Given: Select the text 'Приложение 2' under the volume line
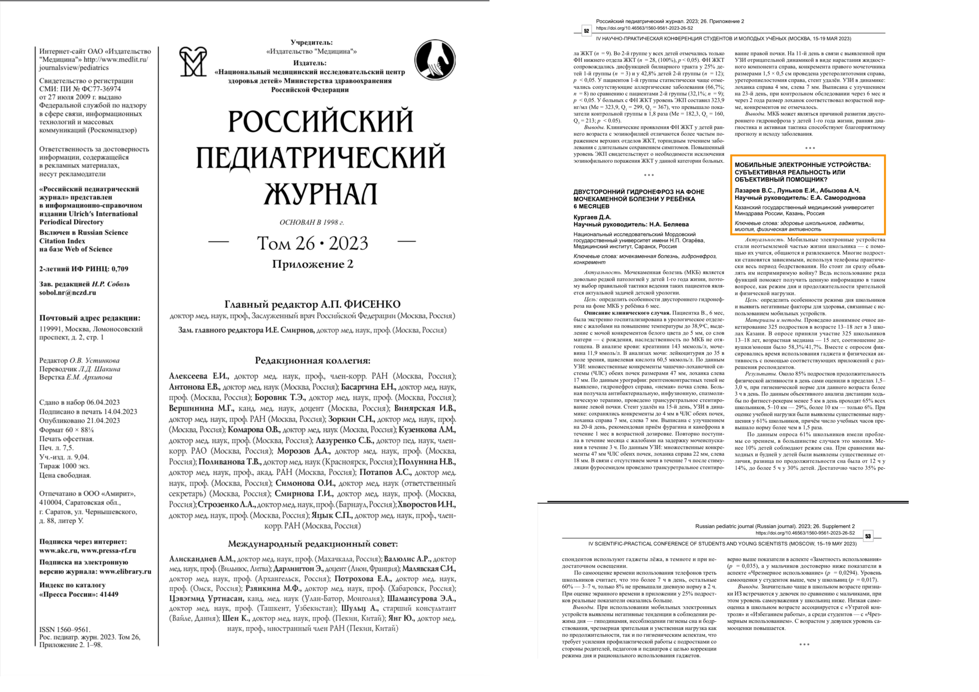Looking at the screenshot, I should pos(313,264).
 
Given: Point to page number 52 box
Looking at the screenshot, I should pos(586,31).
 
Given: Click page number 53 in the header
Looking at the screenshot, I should pos(867,536).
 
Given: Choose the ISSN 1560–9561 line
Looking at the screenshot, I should pos(65,629).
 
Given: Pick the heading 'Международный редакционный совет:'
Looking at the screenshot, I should pos(313,544).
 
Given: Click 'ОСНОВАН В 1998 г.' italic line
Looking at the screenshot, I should pos(312,222).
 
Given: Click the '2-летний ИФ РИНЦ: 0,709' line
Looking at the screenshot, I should pos(83,269).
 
